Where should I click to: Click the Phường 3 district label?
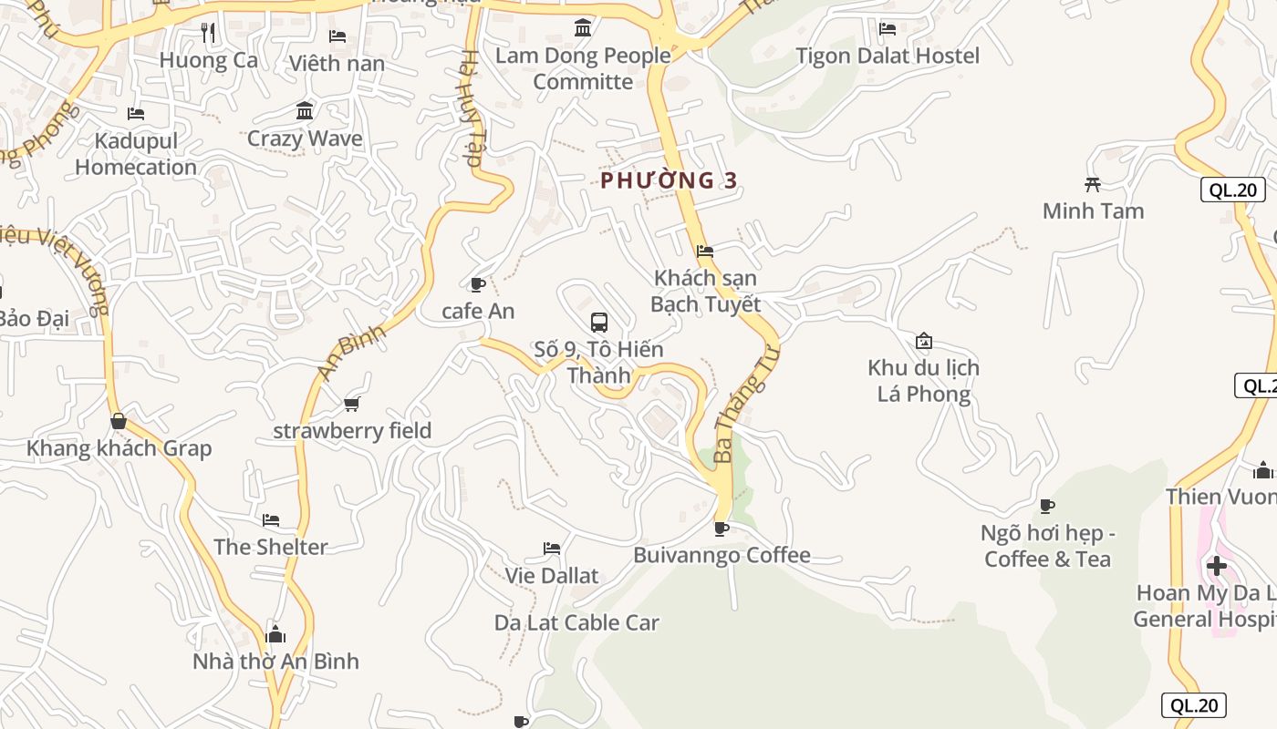coord(669,180)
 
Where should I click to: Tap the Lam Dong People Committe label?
coord(583,68)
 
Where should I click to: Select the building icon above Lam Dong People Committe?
coord(583,28)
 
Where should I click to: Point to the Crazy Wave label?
coord(305,139)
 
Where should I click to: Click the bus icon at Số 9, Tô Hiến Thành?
coord(599,322)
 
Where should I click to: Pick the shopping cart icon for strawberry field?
coord(352,404)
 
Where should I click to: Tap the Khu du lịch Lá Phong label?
coord(923,381)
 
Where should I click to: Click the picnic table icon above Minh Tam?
coord(1093,185)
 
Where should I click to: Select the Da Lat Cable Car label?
coord(576,622)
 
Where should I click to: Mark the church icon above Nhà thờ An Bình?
coord(275,634)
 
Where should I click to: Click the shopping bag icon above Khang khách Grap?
coord(119,421)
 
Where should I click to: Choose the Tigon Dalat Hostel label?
coord(888,56)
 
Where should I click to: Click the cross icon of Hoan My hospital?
coord(1216,566)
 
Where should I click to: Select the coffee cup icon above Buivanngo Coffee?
coord(722,529)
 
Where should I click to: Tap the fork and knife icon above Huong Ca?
coord(208,34)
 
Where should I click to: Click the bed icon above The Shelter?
coord(271,520)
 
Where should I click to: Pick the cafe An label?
coord(478,311)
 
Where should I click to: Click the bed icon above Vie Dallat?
coord(552,549)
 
